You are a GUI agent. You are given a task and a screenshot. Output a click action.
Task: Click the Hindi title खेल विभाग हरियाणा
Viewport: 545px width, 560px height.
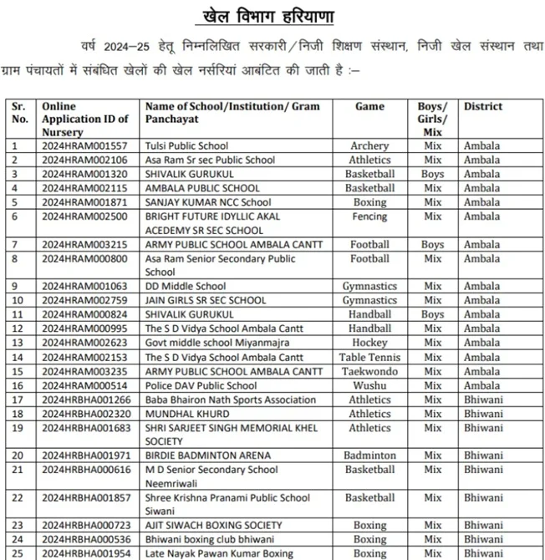pyautogui.click(x=272, y=17)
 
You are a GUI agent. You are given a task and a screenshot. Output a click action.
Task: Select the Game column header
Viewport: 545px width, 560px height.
pyautogui.click(x=369, y=106)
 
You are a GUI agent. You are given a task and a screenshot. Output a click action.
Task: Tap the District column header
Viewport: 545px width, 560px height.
pyautogui.click(x=483, y=106)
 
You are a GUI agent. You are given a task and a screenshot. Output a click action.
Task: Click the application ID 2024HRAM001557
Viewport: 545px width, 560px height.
pyautogui.click(x=84, y=146)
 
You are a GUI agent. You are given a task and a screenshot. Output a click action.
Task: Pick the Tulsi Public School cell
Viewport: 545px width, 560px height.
pyautogui.click(x=186, y=146)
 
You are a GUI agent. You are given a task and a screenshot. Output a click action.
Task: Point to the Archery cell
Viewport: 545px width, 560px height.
pyautogui.click(x=369, y=146)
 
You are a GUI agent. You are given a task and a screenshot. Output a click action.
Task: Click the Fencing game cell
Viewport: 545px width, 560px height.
pyautogui.click(x=369, y=216)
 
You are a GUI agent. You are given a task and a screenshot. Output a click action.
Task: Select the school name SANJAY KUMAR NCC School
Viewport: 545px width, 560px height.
pyautogui.click(x=208, y=202)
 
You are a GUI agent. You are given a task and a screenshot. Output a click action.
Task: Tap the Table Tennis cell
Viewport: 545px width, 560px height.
pyautogui.click(x=369, y=357)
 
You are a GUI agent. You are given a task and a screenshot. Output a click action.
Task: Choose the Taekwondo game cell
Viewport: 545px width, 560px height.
pyautogui.click(x=369, y=371)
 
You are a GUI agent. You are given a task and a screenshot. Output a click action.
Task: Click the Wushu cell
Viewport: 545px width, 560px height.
pyautogui.click(x=369, y=385)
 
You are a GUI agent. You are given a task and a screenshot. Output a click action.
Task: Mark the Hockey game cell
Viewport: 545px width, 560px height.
pyautogui.click(x=369, y=343)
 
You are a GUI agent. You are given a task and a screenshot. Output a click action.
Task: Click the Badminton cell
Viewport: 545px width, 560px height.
pyautogui.click(x=369, y=456)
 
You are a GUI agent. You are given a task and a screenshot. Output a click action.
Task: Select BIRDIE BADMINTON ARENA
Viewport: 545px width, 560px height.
pyautogui.click(x=208, y=456)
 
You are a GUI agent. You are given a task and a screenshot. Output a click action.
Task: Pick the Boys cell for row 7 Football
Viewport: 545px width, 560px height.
pyautogui.click(x=432, y=245)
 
